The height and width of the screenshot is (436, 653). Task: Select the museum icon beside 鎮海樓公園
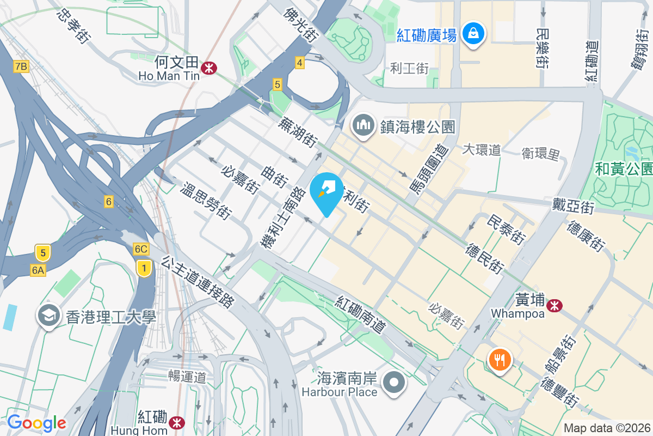(x=362, y=125)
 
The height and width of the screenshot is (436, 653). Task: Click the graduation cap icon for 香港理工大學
(x=49, y=316)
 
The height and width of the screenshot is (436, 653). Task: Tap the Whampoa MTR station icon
(x=555, y=306)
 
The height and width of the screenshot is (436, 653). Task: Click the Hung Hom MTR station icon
(x=176, y=422)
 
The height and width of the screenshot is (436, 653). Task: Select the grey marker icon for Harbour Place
(x=394, y=383)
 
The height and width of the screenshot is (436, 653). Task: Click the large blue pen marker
(x=326, y=193)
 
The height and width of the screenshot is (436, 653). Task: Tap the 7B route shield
(x=21, y=66)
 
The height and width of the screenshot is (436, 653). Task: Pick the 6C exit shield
(x=141, y=249)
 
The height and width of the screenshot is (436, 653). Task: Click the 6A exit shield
(x=38, y=270)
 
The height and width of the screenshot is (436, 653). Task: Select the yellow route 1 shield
(x=144, y=268)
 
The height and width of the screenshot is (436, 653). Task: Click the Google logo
(x=36, y=423)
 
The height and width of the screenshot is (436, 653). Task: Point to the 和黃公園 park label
(x=624, y=169)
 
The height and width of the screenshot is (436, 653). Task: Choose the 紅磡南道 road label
(x=361, y=315)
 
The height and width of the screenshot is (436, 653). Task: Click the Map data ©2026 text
(x=607, y=428)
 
